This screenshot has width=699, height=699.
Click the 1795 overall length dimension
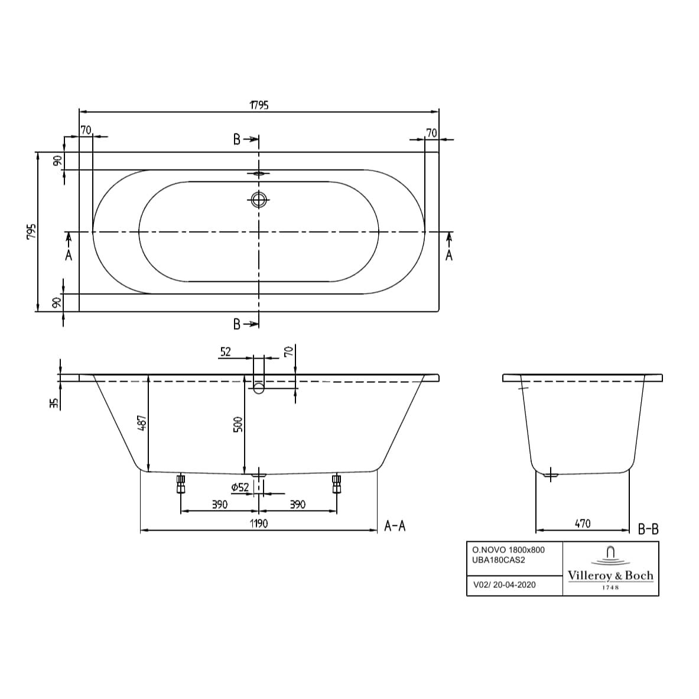pos(259,105)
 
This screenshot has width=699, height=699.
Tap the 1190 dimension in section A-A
pos(258,524)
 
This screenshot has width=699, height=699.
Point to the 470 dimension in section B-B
pos(582,524)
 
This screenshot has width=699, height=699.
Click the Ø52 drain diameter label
pos(239,487)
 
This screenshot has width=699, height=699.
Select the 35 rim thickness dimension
pos(54,403)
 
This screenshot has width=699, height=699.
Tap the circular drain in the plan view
pos(258,200)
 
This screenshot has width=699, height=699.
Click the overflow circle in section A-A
pos(259,388)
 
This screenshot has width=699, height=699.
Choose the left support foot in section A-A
pos(181,485)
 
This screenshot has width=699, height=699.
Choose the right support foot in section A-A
pos(337,485)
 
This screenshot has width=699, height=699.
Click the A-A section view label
pos(395,526)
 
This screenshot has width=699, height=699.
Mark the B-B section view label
pos(648,529)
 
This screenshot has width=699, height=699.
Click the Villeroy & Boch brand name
pos(610,576)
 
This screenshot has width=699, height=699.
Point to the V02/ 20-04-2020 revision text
pos(505,585)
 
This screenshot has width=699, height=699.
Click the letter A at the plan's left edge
pos(69,255)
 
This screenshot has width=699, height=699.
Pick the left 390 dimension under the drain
pos(219,504)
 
